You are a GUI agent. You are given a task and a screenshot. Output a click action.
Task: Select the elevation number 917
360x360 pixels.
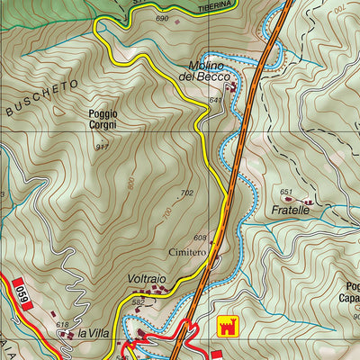click(102, 147)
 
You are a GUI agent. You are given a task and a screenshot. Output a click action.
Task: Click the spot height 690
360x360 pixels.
click(162, 19)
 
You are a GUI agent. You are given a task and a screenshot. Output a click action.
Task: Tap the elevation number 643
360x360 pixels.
click(214, 100)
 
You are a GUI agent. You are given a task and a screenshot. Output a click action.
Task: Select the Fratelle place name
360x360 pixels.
click(291, 209)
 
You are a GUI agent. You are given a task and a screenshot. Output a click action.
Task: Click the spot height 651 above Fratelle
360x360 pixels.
click(286, 192)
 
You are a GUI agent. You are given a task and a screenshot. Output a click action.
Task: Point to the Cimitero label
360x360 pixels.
click(187, 254)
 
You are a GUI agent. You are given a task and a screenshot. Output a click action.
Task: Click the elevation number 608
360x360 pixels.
click(200, 238)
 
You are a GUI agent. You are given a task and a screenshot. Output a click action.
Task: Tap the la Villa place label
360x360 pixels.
click(94, 334)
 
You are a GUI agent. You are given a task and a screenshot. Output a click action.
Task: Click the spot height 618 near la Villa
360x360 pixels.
click(62, 325)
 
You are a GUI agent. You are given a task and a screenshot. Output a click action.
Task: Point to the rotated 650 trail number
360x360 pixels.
click(17, 292)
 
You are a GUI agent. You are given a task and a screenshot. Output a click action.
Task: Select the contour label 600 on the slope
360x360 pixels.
click(132, 183)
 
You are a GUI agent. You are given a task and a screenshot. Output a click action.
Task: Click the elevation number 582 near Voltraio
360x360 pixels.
click(138, 302)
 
